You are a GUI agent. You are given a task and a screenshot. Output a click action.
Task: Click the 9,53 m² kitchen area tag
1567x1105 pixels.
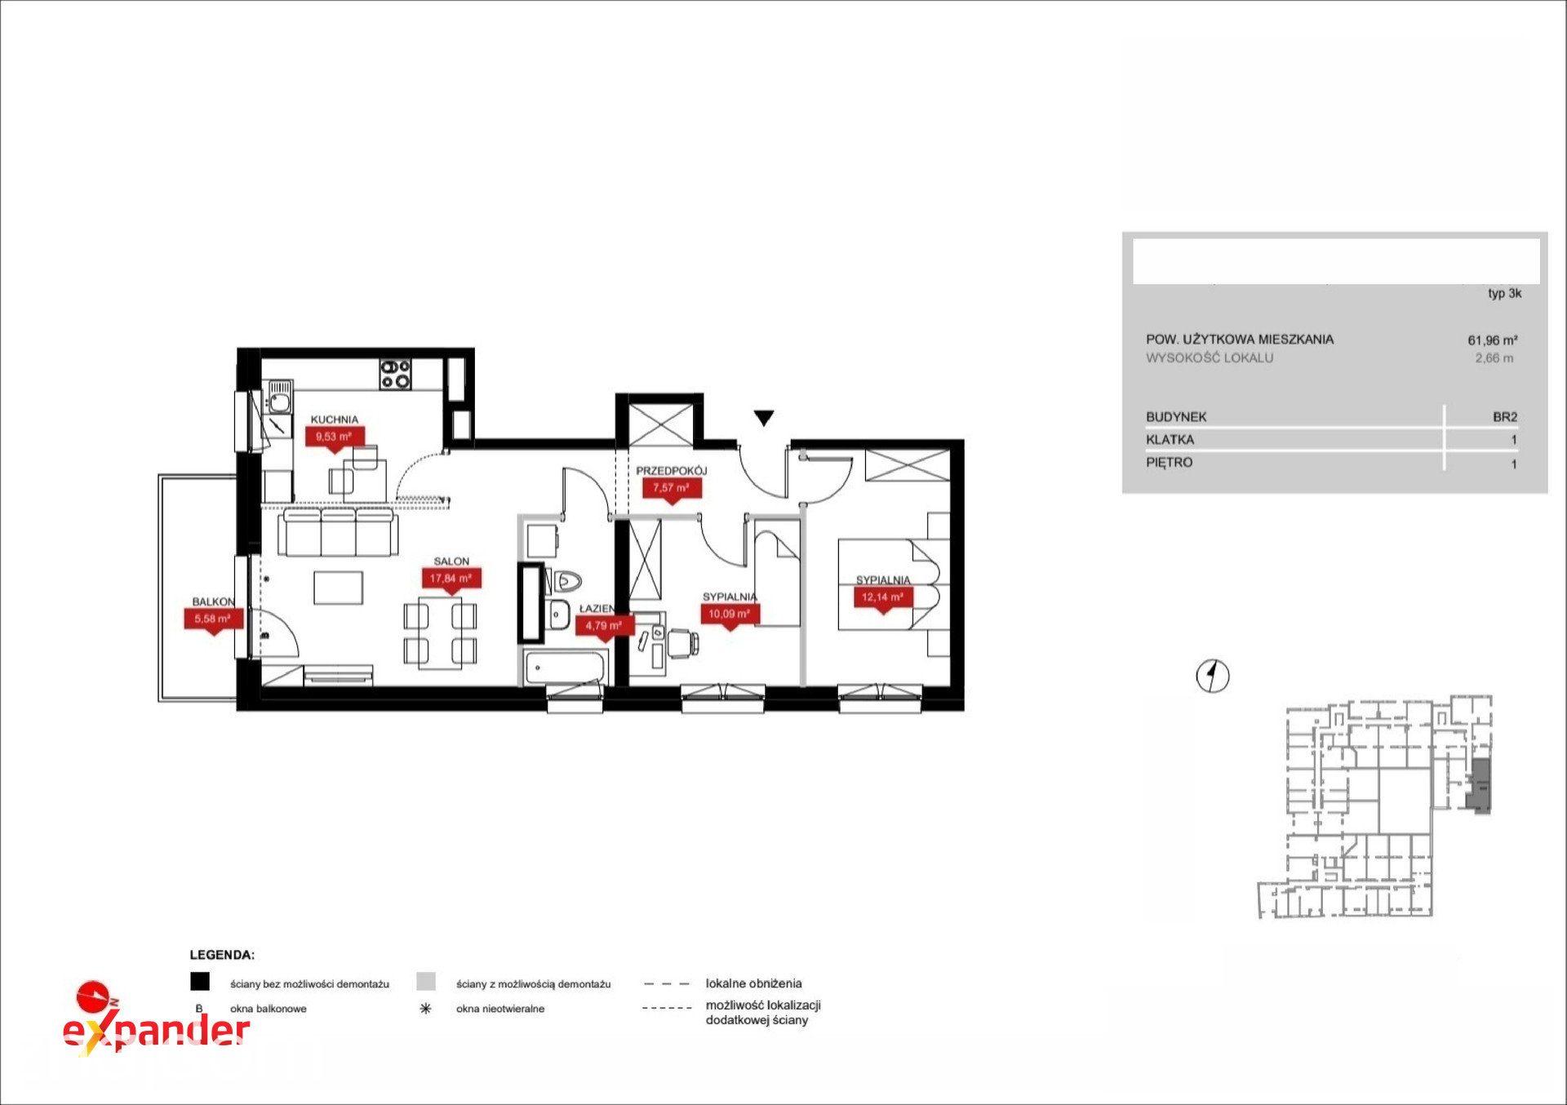(x=335, y=437)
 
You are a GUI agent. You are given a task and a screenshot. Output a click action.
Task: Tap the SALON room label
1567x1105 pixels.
(x=451, y=561)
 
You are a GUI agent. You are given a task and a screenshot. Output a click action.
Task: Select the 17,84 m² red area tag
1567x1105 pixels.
(x=451, y=579)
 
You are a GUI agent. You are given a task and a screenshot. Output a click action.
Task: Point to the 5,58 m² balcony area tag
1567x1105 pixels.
(x=214, y=620)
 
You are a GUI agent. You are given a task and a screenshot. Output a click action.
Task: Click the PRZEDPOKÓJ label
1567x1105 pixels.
(x=671, y=471)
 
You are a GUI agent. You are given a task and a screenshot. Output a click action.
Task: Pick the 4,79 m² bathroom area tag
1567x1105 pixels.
(x=605, y=627)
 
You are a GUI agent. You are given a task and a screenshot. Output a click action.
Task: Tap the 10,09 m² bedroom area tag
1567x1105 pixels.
(x=730, y=615)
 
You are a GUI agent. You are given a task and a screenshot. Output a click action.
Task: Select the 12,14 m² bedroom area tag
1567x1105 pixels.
(x=883, y=597)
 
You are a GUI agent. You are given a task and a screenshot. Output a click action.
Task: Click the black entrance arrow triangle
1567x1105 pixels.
(x=763, y=418)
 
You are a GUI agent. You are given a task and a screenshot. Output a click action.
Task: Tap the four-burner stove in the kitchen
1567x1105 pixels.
(x=395, y=374)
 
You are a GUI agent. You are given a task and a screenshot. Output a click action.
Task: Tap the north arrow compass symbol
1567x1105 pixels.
(x=1213, y=676)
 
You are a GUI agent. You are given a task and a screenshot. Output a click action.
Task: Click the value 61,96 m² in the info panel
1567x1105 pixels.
(x=1492, y=340)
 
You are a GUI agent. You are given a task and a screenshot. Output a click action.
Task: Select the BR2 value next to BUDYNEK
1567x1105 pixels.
(x=1505, y=417)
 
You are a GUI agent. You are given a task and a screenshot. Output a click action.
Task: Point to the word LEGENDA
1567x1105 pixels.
(x=222, y=954)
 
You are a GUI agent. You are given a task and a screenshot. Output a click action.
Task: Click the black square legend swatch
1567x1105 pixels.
(x=200, y=982)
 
